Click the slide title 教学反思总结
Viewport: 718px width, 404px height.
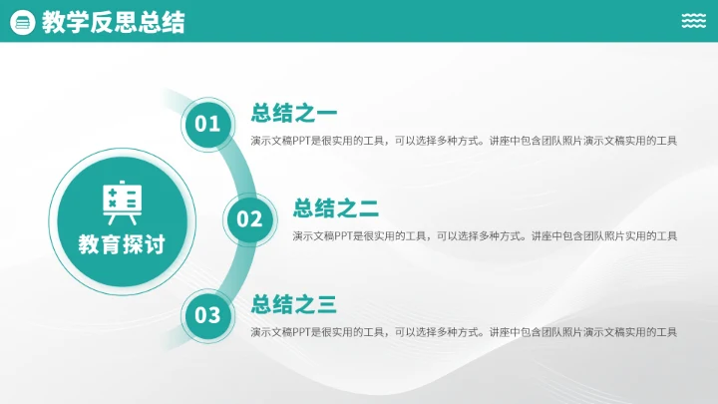tap(113, 22)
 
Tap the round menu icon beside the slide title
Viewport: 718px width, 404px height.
tap(22, 22)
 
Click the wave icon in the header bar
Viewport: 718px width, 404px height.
tap(694, 21)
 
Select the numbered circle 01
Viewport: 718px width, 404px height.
tap(207, 124)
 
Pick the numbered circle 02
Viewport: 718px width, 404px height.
tap(249, 219)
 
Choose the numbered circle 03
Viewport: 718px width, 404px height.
tap(207, 316)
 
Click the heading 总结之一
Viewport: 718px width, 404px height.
tap(294, 113)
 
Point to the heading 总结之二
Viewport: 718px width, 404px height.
tap(336, 208)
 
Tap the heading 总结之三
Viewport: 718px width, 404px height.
tap(294, 304)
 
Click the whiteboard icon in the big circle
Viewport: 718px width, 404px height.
tap(122, 201)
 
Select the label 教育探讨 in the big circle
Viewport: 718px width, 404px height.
tap(122, 242)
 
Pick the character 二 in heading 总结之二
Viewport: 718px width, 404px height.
tap(369, 208)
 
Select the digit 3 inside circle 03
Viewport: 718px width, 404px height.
tap(214, 316)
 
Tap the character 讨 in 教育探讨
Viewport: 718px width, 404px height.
tap(154, 242)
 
